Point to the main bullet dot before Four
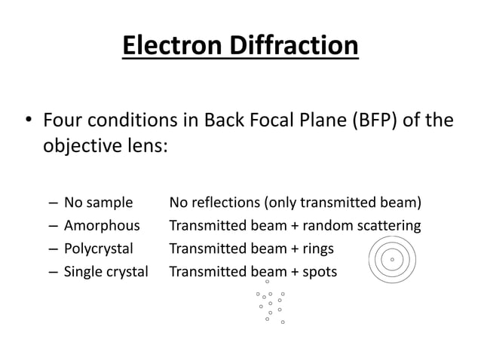coord(28,121)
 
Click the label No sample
coord(98,203)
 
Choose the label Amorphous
coord(102,225)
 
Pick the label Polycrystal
coord(99,248)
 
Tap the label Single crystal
coord(106,270)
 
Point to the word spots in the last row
coord(320,270)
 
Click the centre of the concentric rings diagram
coord(392,260)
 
